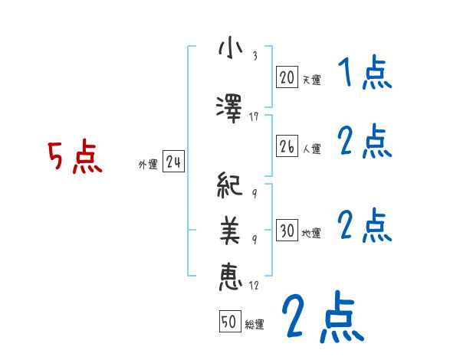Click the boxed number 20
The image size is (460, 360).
[287, 77]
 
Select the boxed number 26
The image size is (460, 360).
[287, 147]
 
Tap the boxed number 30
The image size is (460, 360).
[287, 231]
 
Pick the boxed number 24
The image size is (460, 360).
[173, 162]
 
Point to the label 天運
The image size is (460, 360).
[311, 79]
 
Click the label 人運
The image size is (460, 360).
[311, 149]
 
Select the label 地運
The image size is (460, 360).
[311, 233]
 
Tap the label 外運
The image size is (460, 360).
[147, 164]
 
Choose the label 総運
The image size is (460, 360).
[255, 324]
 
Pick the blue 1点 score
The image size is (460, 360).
[364, 74]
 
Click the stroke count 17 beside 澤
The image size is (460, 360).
[255, 116]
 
